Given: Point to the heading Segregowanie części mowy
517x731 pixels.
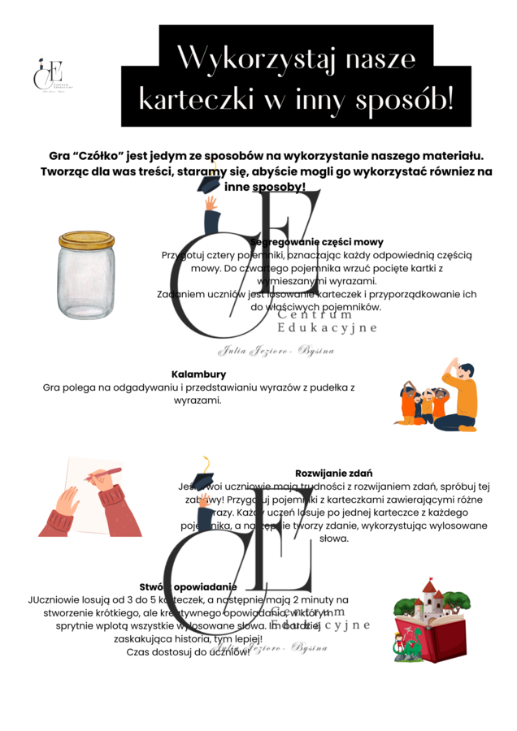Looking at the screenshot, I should point(316,242).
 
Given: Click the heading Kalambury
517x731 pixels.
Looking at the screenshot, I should point(198,374).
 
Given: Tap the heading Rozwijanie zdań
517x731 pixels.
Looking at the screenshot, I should point(333,473).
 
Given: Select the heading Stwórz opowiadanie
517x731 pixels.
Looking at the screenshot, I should point(188,586).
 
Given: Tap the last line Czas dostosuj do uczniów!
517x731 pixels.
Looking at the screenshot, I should point(189,652).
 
